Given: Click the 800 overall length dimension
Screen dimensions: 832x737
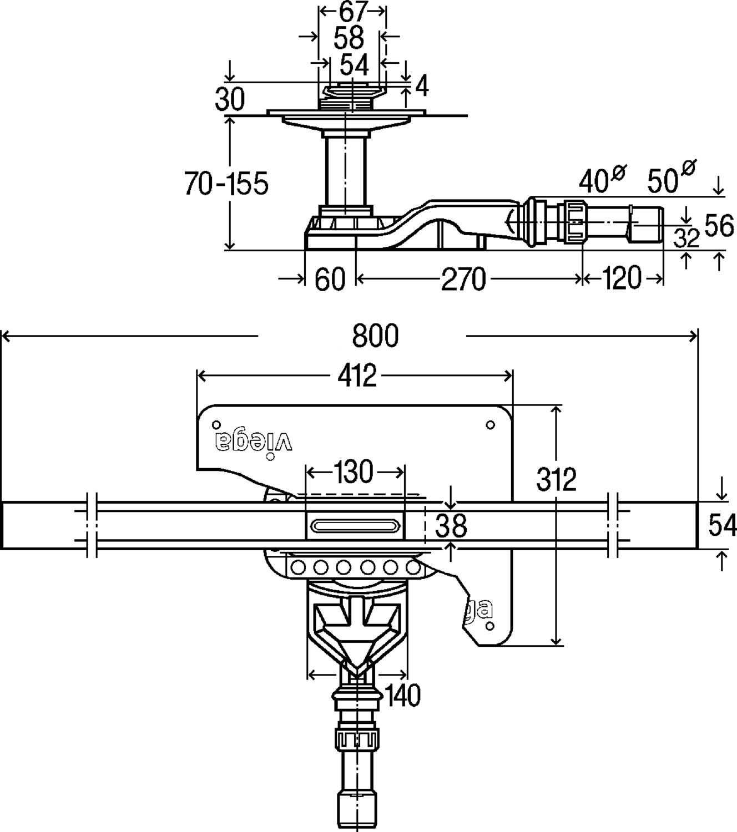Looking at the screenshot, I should pyautogui.click(x=376, y=336).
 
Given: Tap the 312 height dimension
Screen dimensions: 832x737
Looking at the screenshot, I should pyautogui.click(x=557, y=479).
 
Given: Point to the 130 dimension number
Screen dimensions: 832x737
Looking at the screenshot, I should pyautogui.click(x=355, y=473).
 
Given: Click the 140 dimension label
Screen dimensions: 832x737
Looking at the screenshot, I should pyautogui.click(x=403, y=695).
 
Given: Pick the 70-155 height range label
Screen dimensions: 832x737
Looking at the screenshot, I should pyautogui.click(x=226, y=183).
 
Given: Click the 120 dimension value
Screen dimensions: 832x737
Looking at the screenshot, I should pyautogui.click(x=620, y=278).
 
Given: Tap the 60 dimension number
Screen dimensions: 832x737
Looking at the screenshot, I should pyautogui.click(x=330, y=279).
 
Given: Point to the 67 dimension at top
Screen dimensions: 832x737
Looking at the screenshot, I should pyautogui.click(x=353, y=12).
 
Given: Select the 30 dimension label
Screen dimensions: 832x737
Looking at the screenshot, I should pyautogui.click(x=230, y=100).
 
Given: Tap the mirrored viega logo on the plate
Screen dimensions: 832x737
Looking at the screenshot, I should pyautogui.click(x=254, y=441).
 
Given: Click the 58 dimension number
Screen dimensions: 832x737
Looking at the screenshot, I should pyautogui.click(x=349, y=38).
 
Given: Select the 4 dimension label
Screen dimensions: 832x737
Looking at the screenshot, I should pyautogui.click(x=422, y=87).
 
